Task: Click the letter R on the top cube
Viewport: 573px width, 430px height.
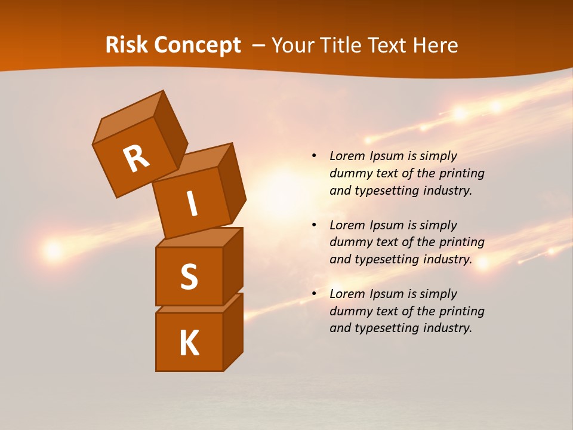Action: coord(136,158)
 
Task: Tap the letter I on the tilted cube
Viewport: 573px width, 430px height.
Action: coord(192,204)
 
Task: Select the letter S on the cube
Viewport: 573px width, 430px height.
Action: coord(189,277)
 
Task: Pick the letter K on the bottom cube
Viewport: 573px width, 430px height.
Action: coord(189,343)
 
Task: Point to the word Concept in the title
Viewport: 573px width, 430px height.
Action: coord(198,45)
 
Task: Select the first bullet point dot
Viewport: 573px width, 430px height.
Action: coord(314,156)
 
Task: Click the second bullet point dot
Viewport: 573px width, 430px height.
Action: coord(314,225)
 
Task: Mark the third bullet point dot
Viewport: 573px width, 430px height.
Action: coord(314,294)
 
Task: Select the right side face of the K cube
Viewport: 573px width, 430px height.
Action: coord(233,331)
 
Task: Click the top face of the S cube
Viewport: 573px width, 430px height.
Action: coord(199,237)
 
